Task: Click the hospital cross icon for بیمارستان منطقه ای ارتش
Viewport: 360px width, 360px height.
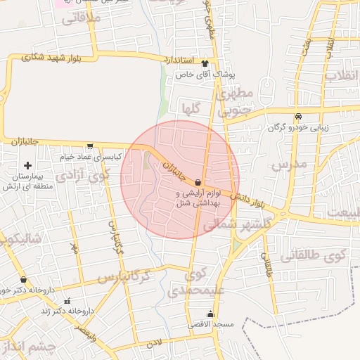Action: click(x=27, y=165)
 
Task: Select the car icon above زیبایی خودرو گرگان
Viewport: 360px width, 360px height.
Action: click(x=299, y=116)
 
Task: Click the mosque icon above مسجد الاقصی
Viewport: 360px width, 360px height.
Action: click(x=210, y=314)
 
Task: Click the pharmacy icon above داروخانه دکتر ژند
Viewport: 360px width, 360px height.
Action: click(x=67, y=300)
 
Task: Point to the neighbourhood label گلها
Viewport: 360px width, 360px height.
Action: click(x=193, y=109)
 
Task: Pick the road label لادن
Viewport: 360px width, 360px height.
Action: click(x=154, y=344)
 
